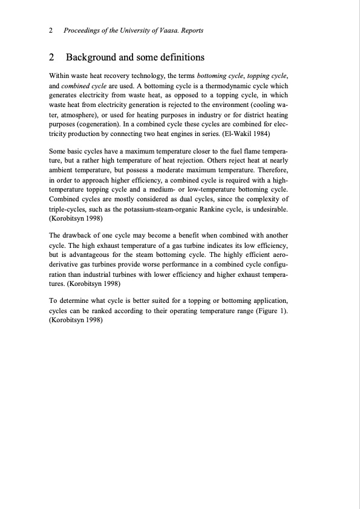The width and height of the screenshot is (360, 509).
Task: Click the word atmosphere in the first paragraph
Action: (x=73, y=114)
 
